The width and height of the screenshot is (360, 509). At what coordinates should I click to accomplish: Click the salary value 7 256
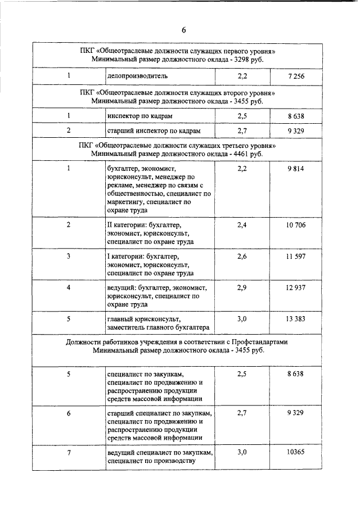pos(295,75)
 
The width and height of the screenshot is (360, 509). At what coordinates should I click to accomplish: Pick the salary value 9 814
pos(295,168)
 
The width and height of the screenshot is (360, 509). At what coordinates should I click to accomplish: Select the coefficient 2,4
pos(242,225)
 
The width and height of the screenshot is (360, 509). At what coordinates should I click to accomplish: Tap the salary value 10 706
pos(295,225)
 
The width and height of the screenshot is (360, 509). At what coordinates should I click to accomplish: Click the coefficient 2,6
pos(242,256)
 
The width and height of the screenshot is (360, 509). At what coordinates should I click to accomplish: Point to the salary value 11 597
pos(295,256)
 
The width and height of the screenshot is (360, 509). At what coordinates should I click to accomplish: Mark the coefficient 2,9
pos(242,287)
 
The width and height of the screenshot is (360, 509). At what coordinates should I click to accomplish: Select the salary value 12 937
pos(295,287)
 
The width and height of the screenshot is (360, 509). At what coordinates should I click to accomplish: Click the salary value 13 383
pos(295,319)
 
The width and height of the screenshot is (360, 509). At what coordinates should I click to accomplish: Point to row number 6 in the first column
pos(69,413)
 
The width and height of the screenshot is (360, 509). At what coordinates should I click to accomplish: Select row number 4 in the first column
pos(69,287)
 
